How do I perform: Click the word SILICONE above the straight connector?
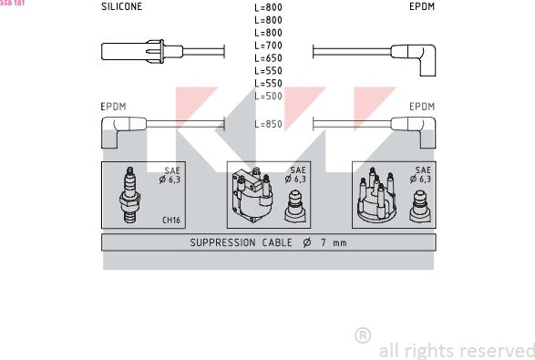121,6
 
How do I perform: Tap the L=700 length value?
269,46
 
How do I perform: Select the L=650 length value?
269,58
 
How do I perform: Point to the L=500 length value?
269,97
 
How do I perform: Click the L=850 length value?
269,124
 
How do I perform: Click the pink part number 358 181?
12,3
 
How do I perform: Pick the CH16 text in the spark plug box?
171,220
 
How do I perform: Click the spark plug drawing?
129,195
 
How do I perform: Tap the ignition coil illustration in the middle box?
252,195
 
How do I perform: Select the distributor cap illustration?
376,195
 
